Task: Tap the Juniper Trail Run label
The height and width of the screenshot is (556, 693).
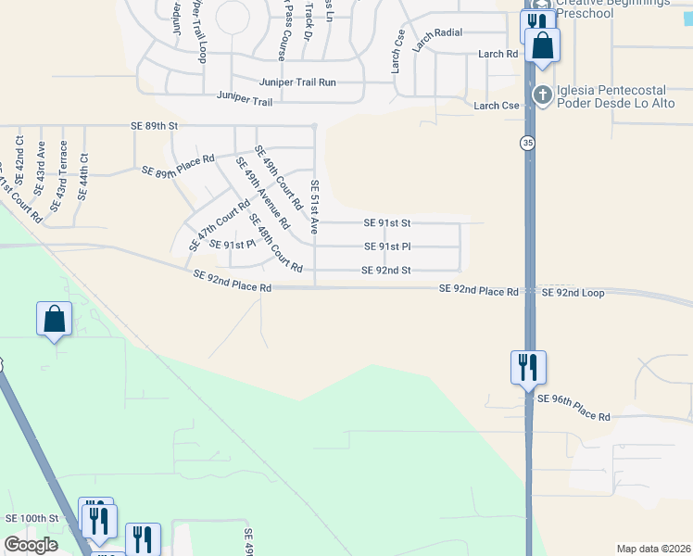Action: coord(297,82)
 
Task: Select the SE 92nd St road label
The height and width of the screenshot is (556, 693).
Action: coord(385,271)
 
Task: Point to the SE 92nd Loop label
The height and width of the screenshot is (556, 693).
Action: coord(573,293)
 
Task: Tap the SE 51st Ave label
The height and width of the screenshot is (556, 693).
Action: coord(315,206)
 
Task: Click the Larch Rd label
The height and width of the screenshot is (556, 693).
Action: coord(498,55)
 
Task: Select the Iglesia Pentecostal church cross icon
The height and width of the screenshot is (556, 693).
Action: coord(543,94)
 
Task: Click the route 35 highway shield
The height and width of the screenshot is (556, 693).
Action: coord(527,143)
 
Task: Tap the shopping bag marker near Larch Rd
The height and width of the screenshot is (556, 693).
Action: coord(542,44)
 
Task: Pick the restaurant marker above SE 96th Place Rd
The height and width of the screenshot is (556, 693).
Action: coord(528,366)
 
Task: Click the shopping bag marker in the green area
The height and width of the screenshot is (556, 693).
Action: coord(55,319)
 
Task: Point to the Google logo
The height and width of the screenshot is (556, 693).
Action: coord(30,545)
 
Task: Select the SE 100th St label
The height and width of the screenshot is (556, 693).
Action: coord(31,518)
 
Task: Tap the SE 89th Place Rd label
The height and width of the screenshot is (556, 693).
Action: coord(178,165)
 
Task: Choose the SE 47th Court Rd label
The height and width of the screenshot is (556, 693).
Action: coord(219,226)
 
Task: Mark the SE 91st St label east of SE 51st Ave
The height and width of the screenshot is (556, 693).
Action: coord(387,223)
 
